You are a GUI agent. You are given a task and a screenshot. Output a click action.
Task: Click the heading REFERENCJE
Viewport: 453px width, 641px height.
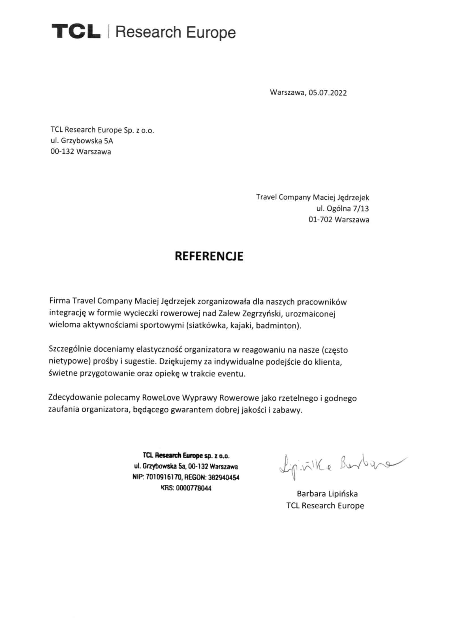coord(209,256)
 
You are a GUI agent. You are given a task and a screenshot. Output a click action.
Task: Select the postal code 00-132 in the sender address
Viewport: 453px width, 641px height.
coord(62,152)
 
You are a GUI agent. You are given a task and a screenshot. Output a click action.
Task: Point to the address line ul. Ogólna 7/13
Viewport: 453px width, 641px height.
coord(343,209)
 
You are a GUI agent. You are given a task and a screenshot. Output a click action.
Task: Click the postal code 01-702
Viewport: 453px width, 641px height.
coord(320,220)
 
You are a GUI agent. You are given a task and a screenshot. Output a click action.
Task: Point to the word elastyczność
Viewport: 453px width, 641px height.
coord(159,350)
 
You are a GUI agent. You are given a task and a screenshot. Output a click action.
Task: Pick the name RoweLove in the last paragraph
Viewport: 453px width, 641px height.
coord(158,398)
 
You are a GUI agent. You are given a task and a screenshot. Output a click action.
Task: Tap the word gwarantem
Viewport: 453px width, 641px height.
coord(191,410)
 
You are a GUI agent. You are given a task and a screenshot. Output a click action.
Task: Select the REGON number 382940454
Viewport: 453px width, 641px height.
coord(224,478)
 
